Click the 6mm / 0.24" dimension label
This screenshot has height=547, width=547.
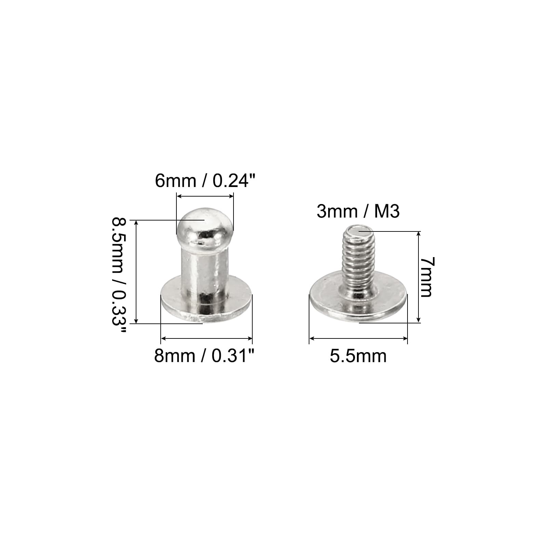click(205, 181)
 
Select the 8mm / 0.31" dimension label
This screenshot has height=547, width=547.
click(204, 356)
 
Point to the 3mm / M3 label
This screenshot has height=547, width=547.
click(358, 211)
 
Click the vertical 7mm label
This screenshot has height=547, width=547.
click(426, 277)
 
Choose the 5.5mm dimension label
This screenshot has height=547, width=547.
click(358, 356)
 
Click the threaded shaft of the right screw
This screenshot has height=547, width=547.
click(359, 260)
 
